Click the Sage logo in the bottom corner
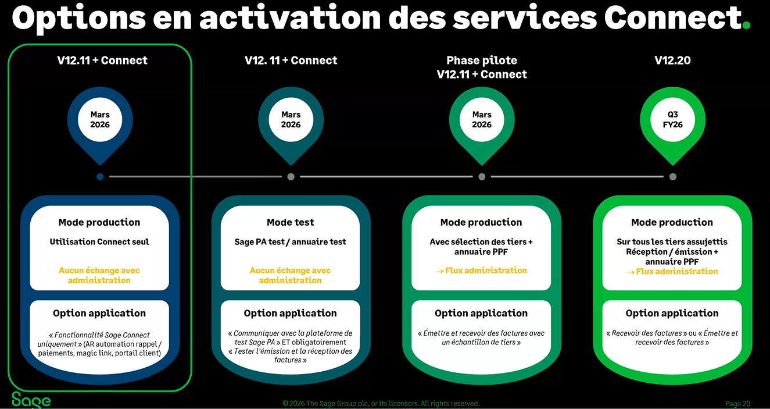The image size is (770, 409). (31, 400)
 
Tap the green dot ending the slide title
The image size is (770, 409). (746, 25)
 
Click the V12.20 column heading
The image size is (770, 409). (672, 60)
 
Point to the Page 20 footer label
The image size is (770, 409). (737, 403)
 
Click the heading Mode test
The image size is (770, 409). (290, 222)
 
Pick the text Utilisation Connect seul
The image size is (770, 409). (99, 241)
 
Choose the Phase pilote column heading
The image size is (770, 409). (482, 67)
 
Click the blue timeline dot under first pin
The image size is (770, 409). (100, 176)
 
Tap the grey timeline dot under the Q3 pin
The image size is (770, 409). (672, 176)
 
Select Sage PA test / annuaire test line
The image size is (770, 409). (290, 241)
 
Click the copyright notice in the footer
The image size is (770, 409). (381, 403)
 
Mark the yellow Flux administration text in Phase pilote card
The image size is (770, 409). (482, 270)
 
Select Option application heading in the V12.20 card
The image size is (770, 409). (672, 313)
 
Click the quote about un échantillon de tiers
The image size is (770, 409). (482, 337)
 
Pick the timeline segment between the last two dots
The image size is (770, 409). (577, 176)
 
